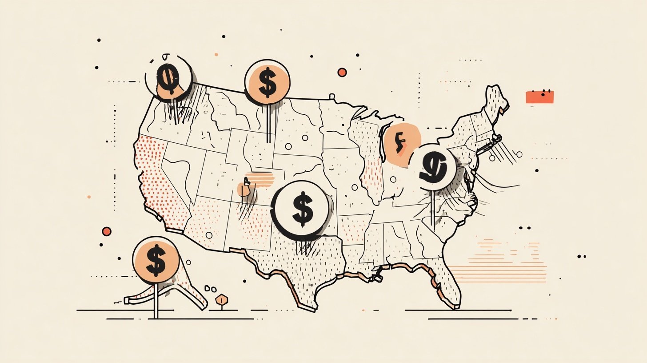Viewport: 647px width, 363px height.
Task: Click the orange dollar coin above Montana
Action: tap(267, 82)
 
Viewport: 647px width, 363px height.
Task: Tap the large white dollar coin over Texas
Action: tap(302, 208)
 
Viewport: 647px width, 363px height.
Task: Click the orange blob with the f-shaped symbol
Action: tap(402, 145)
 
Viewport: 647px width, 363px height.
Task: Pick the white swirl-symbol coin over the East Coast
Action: tap(431, 167)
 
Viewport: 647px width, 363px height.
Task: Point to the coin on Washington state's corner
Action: tap(169, 79)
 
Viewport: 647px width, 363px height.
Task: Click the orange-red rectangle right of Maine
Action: tap(539, 97)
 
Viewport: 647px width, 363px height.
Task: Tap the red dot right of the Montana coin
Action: tap(342, 72)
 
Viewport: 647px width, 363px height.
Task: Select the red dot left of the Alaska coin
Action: tap(107, 231)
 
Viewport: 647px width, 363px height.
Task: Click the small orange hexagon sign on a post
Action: tap(221, 300)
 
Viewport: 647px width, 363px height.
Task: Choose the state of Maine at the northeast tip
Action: tap(495, 102)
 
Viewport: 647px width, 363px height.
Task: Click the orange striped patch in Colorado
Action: tap(261, 178)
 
